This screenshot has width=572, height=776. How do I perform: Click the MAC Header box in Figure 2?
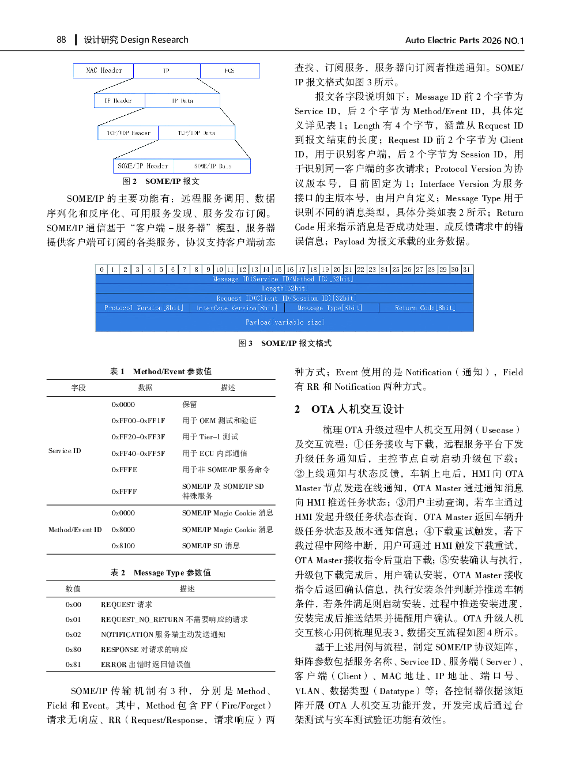pyautogui.click(x=104, y=71)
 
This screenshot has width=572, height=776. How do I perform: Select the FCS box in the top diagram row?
pyautogui.click(x=229, y=71)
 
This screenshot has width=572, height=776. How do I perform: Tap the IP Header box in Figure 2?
pyautogui.click(x=119, y=101)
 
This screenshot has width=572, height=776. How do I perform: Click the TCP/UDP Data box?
pyautogui.click(x=197, y=133)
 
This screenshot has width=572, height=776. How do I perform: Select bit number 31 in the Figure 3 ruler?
pyautogui.click(x=466, y=269)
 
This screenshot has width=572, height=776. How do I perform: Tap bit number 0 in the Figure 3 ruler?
pyautogui.click(x=102, y=269)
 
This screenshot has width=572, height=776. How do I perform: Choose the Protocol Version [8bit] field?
pyautogui.click(x=144, y=308)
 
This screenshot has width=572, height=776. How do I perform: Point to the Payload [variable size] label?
pyautogui.click(x=285, y=322)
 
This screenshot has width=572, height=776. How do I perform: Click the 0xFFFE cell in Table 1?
pyautogui.click(x=125, y=470)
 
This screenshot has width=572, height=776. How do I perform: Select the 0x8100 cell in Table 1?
pyautogui.click(x=123, y=546)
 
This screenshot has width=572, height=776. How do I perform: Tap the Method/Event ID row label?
pyautogui.click(x=75, y=530)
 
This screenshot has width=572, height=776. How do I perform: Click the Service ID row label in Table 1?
pyautogui.click(x=65, y=451)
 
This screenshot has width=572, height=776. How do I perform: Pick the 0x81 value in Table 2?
pyautogui.click(x=73, y=665)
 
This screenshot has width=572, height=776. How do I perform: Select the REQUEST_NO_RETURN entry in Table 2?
pyautogui.click(x=142, y=620)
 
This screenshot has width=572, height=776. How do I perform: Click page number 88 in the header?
pyautogui.click(x=61, y=40)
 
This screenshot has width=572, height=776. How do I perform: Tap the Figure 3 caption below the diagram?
pyautogui.click(x=285, y=343)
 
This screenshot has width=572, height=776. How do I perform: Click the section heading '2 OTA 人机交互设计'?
pyautogui.click(x=349, y=409)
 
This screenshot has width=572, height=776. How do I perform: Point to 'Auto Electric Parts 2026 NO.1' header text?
pyautogui.click(x=464, y=40)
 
